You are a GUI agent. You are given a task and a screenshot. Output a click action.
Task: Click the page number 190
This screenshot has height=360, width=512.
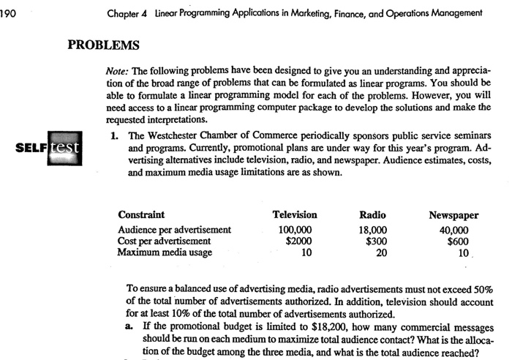[x=9, y=12]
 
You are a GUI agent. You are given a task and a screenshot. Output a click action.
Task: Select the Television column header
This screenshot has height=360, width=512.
[x=294, y=215]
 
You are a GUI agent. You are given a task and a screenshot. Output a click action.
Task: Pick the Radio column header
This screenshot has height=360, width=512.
[x=374, y=215]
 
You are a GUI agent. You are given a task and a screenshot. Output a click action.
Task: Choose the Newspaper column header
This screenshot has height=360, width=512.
[x=453, y=215]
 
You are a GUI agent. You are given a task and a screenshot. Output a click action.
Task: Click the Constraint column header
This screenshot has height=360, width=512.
[x=141, y=215]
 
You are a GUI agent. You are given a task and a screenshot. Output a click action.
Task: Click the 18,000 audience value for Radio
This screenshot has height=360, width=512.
[x=374, y=229]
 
